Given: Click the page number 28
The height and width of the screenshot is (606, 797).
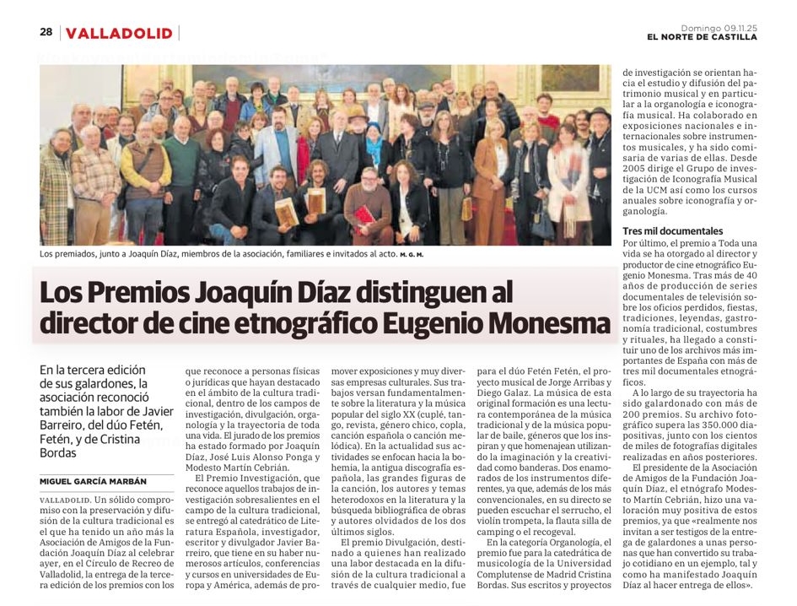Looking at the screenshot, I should (46, 32).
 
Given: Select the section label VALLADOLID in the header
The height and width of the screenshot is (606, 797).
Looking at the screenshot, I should (119, 33).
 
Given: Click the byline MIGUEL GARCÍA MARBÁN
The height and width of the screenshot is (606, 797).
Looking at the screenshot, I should (93, 481).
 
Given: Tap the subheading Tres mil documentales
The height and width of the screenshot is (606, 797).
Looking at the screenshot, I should (672, 230).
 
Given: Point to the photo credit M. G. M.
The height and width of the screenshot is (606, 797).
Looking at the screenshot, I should (412, 254).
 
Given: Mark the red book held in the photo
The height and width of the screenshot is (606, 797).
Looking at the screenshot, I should (363, 214).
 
